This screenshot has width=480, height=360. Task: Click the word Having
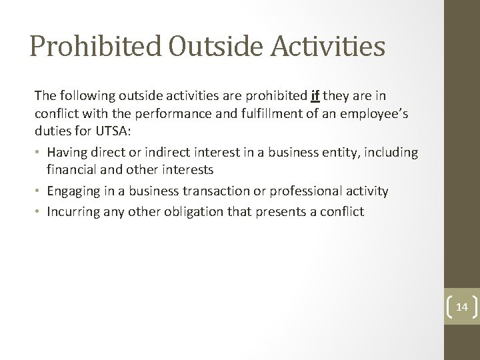68,153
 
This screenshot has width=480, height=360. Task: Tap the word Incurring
75,212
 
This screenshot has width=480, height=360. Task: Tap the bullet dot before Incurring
39,212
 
